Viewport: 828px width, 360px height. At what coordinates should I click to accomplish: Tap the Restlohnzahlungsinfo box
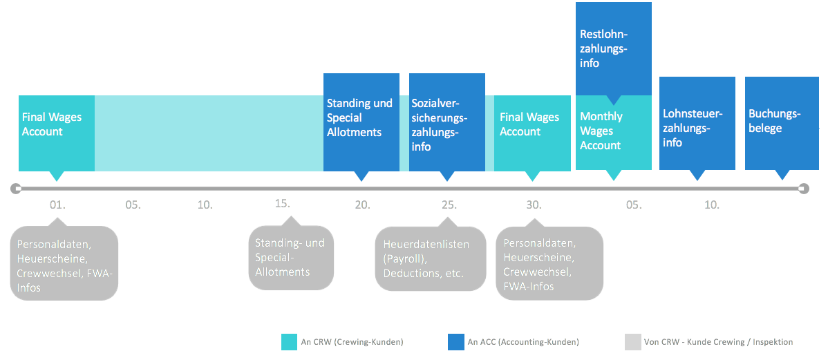pyautogui.click(x=614, y=49)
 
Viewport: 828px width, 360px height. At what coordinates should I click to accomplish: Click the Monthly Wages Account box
pyautogui.click(x=614, y=133)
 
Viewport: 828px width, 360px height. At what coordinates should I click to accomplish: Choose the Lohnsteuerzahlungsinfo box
pyautogui.click(x=697, y=124)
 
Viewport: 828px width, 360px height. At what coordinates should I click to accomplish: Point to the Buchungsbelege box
pyautogui.click(x=782, y=124)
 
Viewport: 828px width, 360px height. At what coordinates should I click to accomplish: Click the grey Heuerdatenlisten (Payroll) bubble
pyautogui.click(x=431, y=258)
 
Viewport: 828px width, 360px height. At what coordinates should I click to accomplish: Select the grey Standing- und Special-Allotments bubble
pyautogui.click(x=291, y=257)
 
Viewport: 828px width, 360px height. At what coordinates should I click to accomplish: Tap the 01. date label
pyautogui.click(x=57, y=205)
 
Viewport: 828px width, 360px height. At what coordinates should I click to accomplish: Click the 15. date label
pyautogui.click(x=283, y=203)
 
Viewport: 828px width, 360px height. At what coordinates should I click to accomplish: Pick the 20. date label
pyautogui.click(x=362, y=205)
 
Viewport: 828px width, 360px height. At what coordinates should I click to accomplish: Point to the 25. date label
pyautogui.click(x=449, y=205)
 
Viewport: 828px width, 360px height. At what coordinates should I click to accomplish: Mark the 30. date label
pyautogui.click(x=534, y=205)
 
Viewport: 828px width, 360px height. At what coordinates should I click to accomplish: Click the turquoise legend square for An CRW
pyautogui.click(x=290, y=342)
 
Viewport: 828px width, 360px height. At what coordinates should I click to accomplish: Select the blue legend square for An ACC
pyautogui.click(x=455, y=342)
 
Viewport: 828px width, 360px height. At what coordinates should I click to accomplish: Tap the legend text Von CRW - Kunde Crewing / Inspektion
pyautogui.click(x=718, y=342)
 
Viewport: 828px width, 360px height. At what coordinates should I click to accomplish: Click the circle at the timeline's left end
pyautogui.click(x=16, y=188)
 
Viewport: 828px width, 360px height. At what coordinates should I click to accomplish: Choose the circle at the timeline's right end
pyautogui.click(x=804, y=188)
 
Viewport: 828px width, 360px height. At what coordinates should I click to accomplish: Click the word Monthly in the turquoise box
pyautogui.click(x=601, y=117)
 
